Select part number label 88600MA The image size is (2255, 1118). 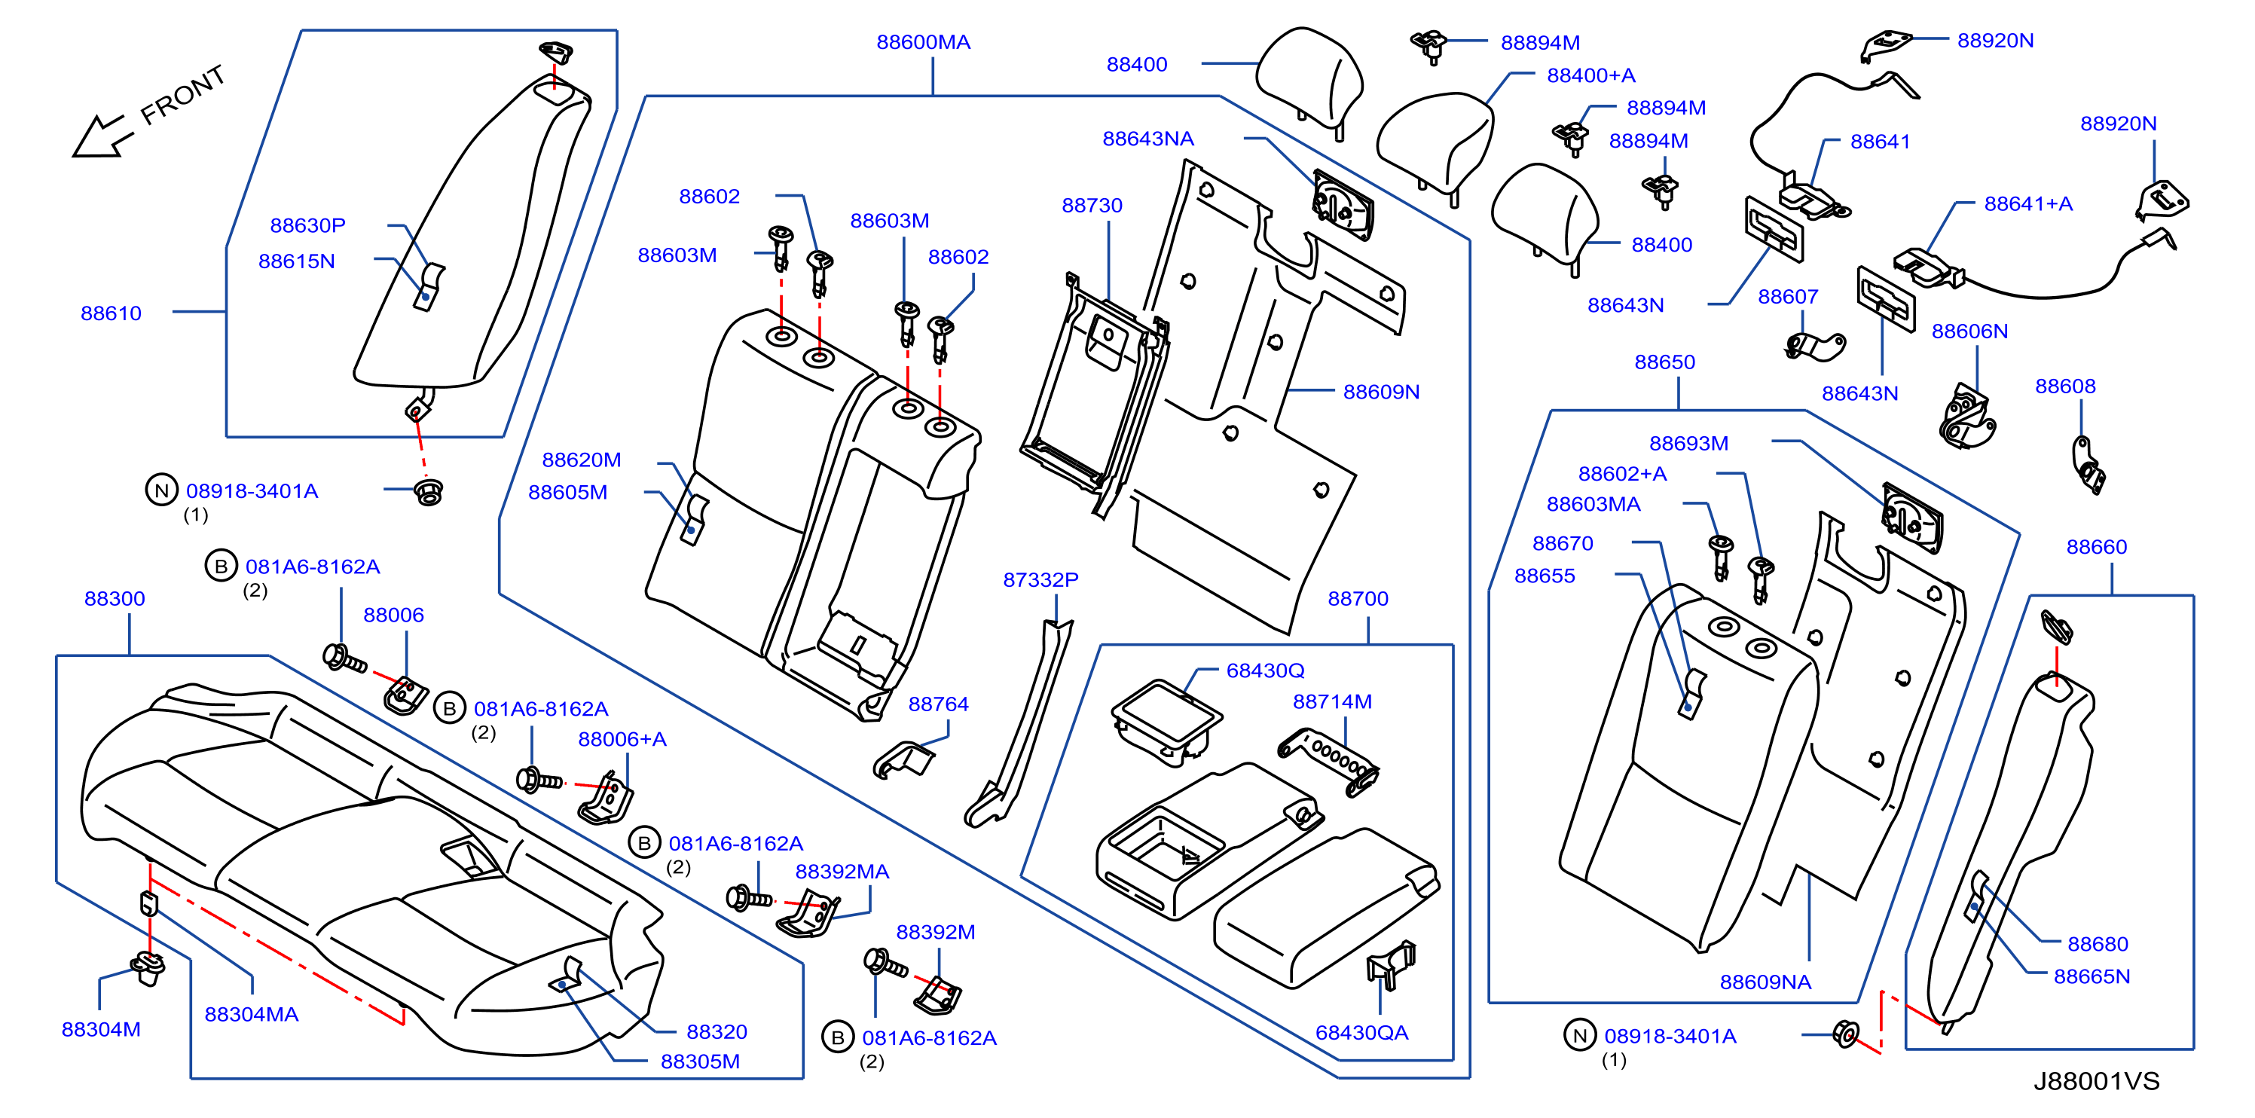pos(923,42)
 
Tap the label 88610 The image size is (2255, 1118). pos(112,313)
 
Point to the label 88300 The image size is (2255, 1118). pos(115,598)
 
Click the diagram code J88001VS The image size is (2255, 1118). pos(2096,1081)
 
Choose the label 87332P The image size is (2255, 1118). pos(1040,579)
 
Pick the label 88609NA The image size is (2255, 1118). pos(1765,982)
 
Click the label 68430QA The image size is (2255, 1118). pos(1361,1032)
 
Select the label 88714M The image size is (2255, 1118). pos(1332,701)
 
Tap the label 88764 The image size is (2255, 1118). pos(939,704)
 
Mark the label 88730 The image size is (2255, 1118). pos(1092,205)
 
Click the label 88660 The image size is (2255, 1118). pos(2097,546)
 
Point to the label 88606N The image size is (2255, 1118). pos(1969,331)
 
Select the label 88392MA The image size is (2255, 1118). pos(842,871)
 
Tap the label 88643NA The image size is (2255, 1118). pos(1147,139)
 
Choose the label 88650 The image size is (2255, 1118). pos(1664,362)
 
